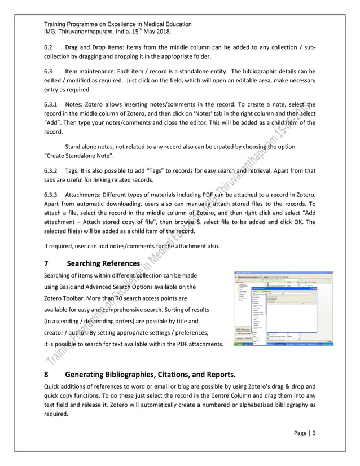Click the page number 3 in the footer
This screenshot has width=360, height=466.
(x=314, y=433)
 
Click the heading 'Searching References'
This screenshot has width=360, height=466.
(x=103, y=263)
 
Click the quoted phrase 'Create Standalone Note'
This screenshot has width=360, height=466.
(x=79, y=155)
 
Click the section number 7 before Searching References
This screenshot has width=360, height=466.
(x=47, y=263)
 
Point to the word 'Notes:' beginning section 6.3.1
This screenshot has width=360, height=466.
(x=77, y=105)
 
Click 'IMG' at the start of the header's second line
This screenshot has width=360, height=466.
(x=51, y=32)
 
